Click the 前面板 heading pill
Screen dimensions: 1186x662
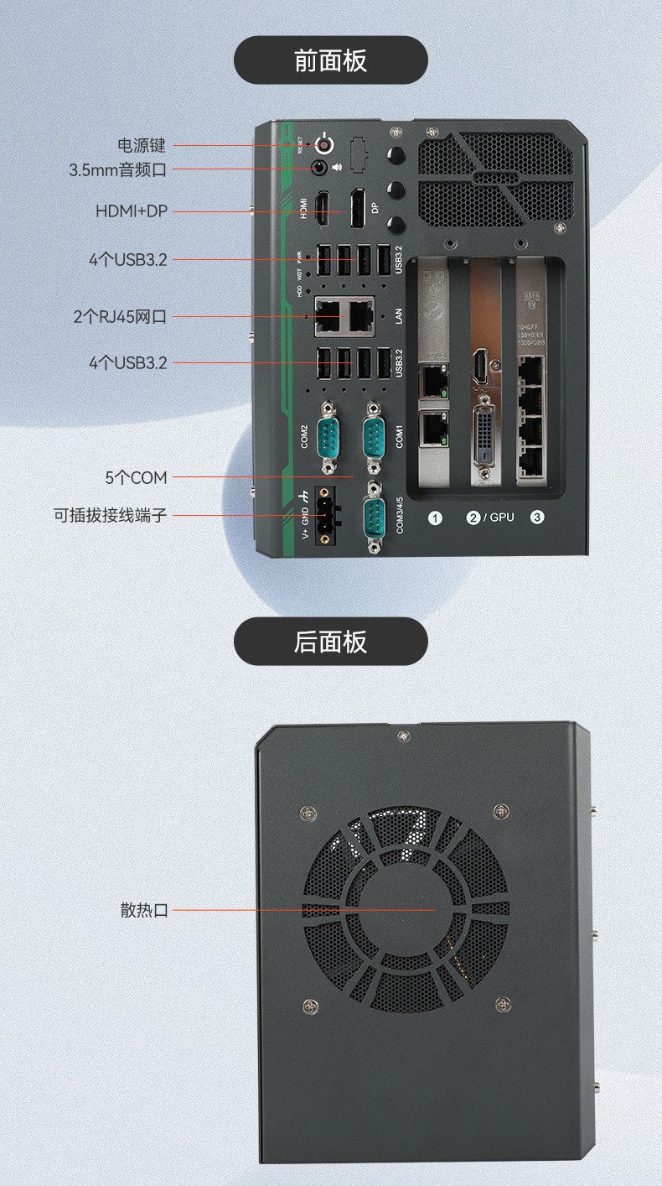click(x=330, y=60)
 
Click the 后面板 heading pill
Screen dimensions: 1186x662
click(x=330, y=642)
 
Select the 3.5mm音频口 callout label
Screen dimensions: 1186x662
click(x=118, y=169)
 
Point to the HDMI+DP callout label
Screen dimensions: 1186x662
click(x=132, y=211)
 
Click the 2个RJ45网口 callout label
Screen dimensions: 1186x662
click(x=120, y=316)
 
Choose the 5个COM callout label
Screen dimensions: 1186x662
click(x=136, y=477)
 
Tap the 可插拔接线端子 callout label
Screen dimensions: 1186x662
click(x=110, y=514)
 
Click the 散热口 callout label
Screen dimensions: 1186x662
click(x=144, y=910)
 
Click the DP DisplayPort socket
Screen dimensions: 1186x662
click(x=358, y=209)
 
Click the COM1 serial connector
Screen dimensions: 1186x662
click(x=374, y=437)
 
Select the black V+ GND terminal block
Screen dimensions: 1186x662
click(x=323, y=516)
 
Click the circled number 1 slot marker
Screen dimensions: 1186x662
click(x=435, y=518)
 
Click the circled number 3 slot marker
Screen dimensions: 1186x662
click(x=537, y=518)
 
